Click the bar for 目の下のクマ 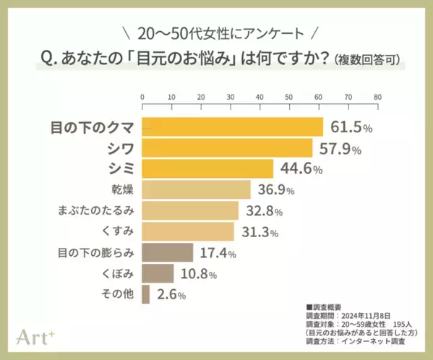click(232, 127)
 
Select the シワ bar click(227, 148)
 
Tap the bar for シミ click(207, 169)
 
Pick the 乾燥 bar click(196, 190)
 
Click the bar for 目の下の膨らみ click(168, 253)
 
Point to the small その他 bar click(146, 294)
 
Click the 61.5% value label click(351, 127)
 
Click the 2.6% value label click(171, 295)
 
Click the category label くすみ click(115, 232)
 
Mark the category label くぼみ click(115, 274)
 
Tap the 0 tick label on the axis click(142, 96)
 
